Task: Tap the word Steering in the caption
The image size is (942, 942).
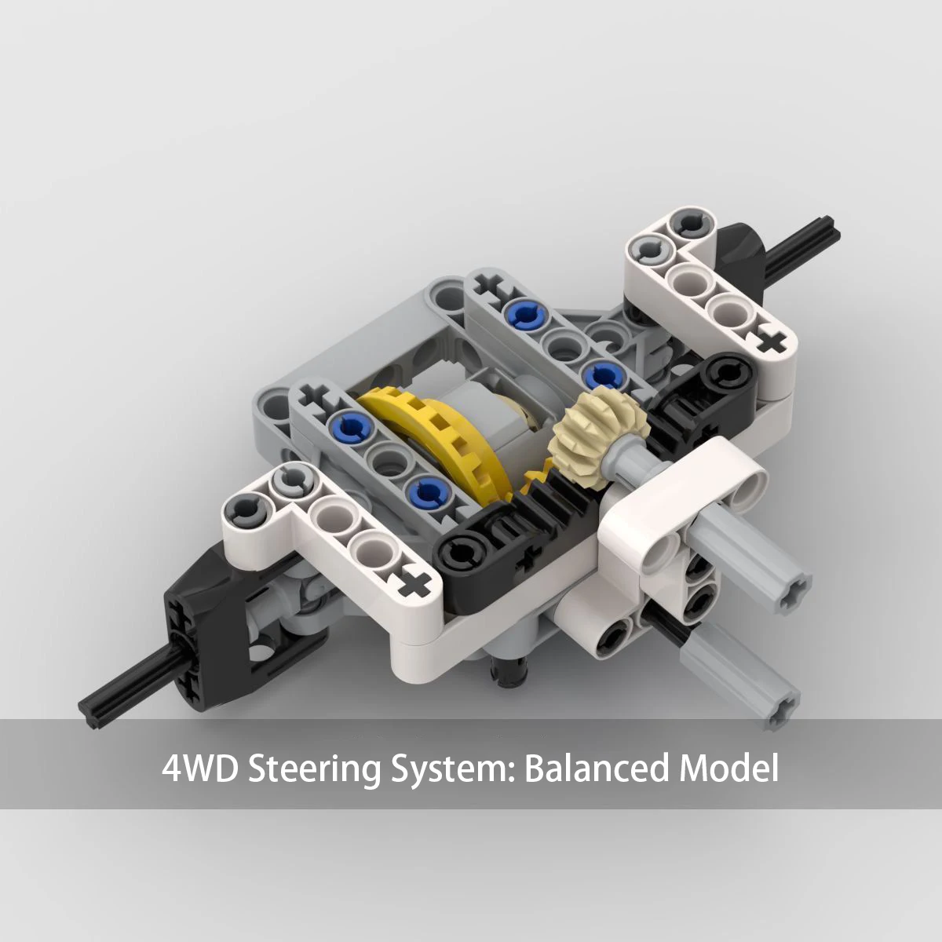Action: [x=314, y=769]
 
